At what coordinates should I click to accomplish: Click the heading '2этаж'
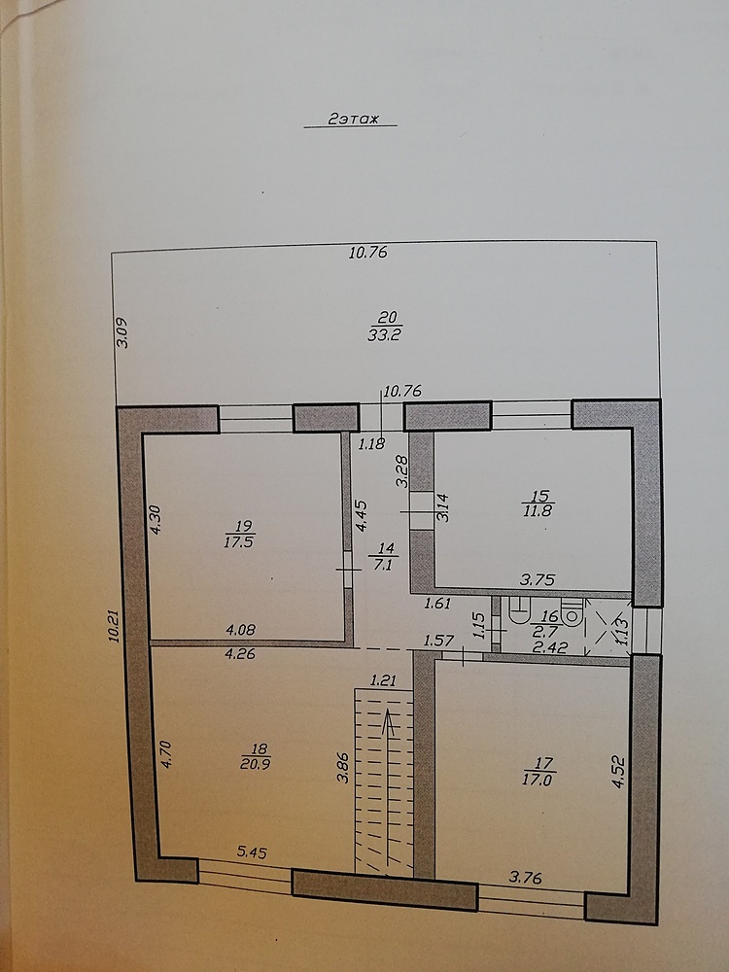pos(353,119)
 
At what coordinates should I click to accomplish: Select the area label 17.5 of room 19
pos(240,541)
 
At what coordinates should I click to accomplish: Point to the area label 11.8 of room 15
pos(538,511)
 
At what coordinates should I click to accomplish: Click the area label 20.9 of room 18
pos(256,764)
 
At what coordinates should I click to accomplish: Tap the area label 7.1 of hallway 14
pos(384,564)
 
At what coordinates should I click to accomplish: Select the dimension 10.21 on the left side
pos(114,625)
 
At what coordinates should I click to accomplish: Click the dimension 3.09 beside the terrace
pos(122,332)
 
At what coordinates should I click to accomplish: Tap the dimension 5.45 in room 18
pos(252,852)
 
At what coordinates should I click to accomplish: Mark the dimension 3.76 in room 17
pos(525,877)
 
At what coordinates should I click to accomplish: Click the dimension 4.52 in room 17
pos(618,771)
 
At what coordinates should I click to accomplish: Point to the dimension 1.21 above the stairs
pos(383,680)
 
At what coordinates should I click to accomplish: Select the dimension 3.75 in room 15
pos(537,579)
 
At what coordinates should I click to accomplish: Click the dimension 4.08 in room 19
pos(240,630)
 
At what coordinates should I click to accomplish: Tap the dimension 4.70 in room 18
pos(166,754)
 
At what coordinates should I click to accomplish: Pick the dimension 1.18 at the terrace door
pos(372,443)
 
